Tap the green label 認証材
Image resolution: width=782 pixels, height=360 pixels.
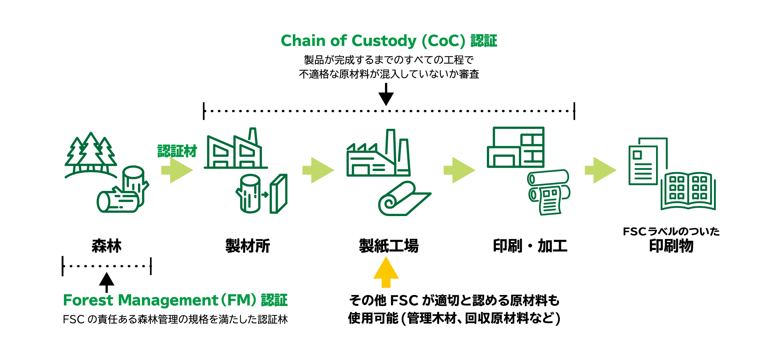[177, 151]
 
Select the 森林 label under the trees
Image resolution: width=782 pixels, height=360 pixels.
[106, 246]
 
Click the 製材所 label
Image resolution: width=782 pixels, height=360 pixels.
[248, 246]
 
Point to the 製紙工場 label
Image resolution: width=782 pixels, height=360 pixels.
[389, 246]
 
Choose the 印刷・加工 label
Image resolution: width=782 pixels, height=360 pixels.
[530, 246]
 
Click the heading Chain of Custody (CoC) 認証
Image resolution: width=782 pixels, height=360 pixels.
[389, 41]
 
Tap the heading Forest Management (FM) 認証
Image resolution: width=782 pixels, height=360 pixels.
[175, 300]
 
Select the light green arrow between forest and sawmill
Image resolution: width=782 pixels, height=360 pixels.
[177, 170]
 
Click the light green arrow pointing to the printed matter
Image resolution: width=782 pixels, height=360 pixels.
[600, 170]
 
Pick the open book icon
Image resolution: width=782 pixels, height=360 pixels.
[688, 191]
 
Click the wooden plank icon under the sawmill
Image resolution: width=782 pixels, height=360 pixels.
[279, 194]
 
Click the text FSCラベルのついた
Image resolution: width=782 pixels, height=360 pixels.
[671, 231]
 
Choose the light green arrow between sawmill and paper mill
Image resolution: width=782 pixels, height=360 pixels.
[318, 170]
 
